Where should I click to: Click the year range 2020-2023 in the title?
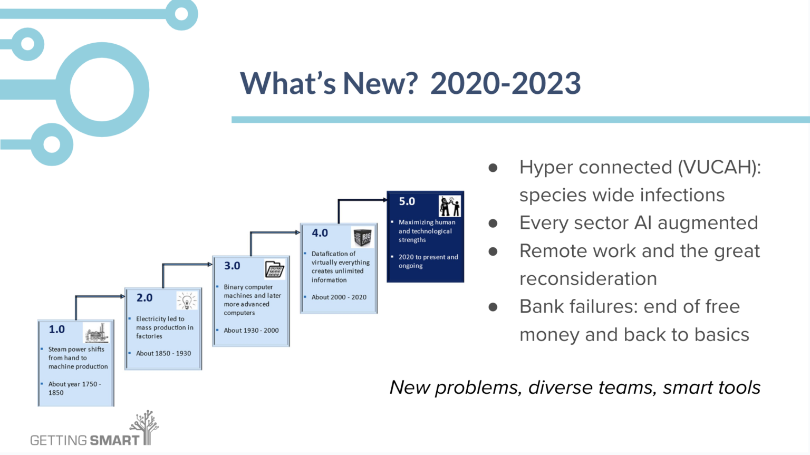click(505, 83)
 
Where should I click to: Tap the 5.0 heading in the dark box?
click(407, 201)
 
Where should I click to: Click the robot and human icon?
click(450, 206)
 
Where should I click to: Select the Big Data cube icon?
click(362, 238)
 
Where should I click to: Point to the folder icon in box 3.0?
click(274, 270)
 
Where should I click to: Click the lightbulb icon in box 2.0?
click(187, 301)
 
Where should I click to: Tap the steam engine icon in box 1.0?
click(96, 333)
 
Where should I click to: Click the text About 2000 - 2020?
click(339, 297)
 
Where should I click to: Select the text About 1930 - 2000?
click(251, 331)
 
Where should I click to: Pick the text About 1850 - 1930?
click(163, 353)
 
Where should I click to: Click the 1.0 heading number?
click(56, 330)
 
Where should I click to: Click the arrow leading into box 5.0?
click(364, 200)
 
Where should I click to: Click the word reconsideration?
click(588, 279)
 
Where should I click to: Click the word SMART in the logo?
click(114, 440)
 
